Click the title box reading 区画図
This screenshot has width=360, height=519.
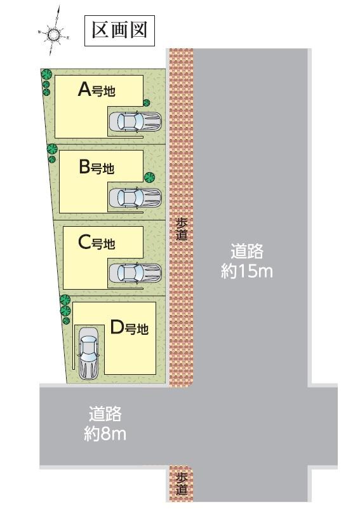pyautogui.click(x=119, y=31)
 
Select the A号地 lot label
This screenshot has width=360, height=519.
pyautogui.click(x=97, y=90)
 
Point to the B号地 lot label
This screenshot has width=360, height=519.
pyautogui.click(x=97, y=168)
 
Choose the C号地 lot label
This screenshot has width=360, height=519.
pyautogui.click(x=97, y=242)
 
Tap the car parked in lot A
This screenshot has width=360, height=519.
pyautogui.click(x=135, y=121)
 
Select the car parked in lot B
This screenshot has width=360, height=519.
pyautogui.click(x=135, y=198)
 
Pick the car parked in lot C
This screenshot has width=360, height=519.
pyautogui.click(x=135, y=273)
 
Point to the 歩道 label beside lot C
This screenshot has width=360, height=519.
pyautogui.click(x=181, y=229)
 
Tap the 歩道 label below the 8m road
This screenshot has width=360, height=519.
pyautogui.click(x=181, y=484)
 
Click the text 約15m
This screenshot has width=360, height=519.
pyautogui.click(x=247, y=271)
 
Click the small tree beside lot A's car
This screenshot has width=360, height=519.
pyautogui.click(x=146, y=103)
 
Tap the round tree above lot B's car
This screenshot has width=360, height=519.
pyautogui.click(x=149, y=177)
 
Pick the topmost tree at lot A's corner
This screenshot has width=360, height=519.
pyautogui.click(x=46, y=74)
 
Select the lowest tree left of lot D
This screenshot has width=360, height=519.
pyautogui.click(x=65, y=321)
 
